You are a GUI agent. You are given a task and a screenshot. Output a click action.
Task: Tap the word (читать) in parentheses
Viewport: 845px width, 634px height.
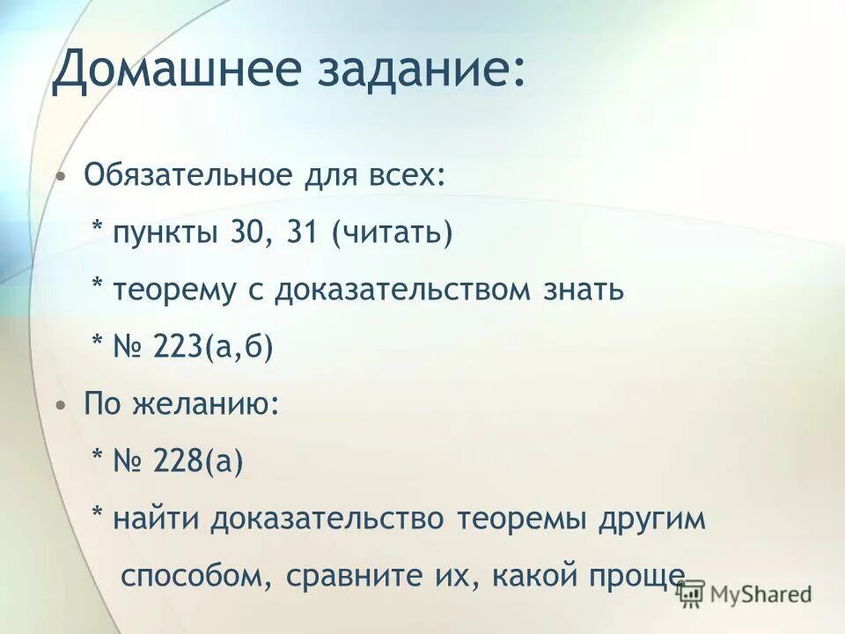(393, 233)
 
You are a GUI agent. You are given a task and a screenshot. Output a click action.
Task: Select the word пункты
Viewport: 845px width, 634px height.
(166, 233)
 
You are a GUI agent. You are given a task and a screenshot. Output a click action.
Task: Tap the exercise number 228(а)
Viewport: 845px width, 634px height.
(198, 461)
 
